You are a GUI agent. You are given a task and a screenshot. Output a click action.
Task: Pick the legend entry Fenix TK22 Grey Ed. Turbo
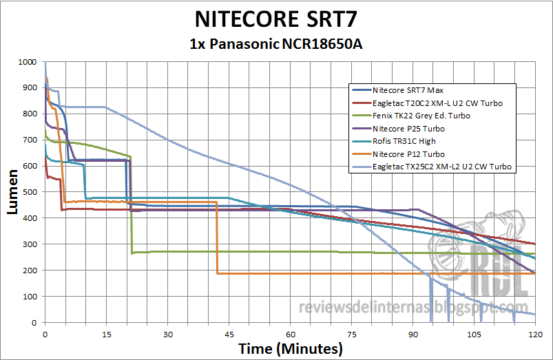click(x=421, y=116)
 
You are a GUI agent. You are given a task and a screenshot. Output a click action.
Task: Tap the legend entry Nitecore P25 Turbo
click(x=408, y=129)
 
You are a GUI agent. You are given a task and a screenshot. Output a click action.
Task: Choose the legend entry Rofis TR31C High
click(x=404, y=142)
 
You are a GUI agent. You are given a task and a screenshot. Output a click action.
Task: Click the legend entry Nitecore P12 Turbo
click(x=408, y=154)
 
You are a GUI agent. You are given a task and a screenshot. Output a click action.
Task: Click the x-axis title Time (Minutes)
click(x=290, y=348)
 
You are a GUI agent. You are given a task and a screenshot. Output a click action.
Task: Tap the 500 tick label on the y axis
click(x=30, y=192)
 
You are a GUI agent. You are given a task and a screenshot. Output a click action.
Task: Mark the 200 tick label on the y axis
click(x=30, y=271)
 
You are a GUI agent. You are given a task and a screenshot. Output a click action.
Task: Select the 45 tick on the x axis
click(x=229, y=334)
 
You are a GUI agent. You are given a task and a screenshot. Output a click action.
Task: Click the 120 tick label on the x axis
click(x=534, y=334)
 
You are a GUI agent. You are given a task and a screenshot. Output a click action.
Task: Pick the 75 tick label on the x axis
click(x=351, y=334)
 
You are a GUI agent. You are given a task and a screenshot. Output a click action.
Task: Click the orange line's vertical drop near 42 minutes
click(x=217, y=237)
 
